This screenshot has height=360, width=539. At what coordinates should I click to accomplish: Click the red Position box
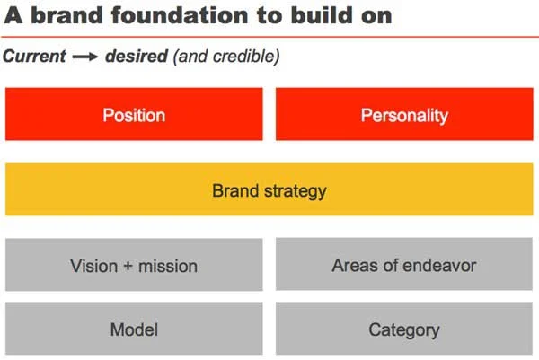click(134, 114)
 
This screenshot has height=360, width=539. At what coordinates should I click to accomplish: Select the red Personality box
click(404, 114)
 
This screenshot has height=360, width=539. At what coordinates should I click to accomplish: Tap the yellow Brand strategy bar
click(269, 189)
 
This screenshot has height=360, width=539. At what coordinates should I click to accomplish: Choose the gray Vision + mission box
click(134, 265)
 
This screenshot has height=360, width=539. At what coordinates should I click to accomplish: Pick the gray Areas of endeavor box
click(404, 265)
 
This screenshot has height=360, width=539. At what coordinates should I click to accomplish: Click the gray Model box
click(134, 329)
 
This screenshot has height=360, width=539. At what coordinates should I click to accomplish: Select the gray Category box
click(404, 329)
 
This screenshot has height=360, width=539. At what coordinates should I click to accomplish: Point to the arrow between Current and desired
click(84, 57)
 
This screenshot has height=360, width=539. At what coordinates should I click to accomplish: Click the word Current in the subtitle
click(34, 57)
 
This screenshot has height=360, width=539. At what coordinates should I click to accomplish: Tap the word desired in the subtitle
click(135, 57)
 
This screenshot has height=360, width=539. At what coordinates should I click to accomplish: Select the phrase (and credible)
click(226, 57)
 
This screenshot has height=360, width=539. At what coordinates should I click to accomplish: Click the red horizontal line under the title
click(269, 36)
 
